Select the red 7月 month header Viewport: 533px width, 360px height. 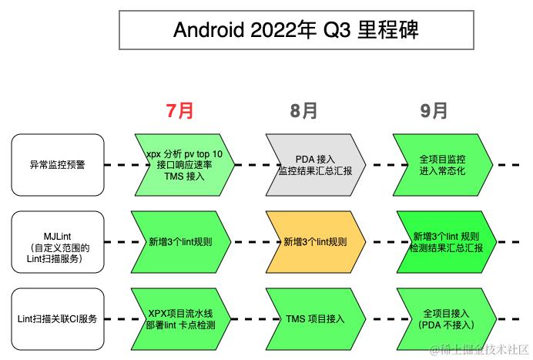click(x=180, y=110)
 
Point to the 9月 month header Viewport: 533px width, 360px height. click(x=434, y=110)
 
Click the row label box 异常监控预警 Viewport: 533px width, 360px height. click(x=58, y=164)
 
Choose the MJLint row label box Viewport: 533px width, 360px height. click(x=58, y=241)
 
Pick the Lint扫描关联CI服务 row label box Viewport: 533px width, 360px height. click(x=58, y=318)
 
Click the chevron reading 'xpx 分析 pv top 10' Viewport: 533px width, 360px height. click(x=182, y=164)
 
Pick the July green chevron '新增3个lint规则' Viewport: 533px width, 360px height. click(x=182, y=241)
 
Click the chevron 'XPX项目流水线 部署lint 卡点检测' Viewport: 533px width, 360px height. click(x=182, y=318)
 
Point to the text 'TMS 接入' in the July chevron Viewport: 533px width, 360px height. click(x=184, y=176)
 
